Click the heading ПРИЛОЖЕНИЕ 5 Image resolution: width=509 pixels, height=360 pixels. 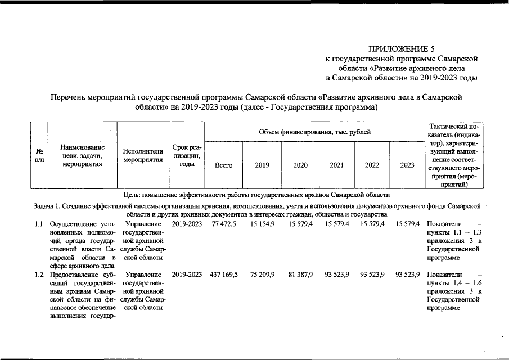[x=402, y=48]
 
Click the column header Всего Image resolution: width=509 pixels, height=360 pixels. [x=224, y=165]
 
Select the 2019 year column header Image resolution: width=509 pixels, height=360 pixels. [x=262, y=165]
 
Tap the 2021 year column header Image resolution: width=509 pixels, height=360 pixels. [x=337, y=165]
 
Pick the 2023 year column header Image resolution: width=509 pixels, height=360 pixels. [x=407, y=165]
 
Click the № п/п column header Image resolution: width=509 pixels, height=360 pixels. [x=39, y=156]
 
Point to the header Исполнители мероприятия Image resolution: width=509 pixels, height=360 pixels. [x=143, y=156]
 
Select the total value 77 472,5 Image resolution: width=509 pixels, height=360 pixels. [x=224, y=224]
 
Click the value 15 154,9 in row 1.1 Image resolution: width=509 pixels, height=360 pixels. [x=262, y=224]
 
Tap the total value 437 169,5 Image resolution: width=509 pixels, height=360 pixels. [x=223, y=274]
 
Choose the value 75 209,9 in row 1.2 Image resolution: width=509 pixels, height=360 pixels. [x=261, y=274]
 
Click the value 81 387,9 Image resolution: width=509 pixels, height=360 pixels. [x=300, y=274]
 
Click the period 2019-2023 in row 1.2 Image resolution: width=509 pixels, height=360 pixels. [x=187, y=274]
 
